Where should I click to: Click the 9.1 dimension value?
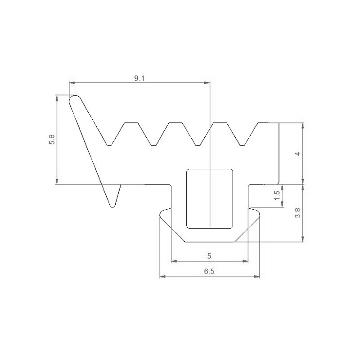[x=139, y=78]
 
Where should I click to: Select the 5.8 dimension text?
[x=52, y=139]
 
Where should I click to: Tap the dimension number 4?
[x=297, y=153]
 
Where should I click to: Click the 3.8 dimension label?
[x=297, y=213]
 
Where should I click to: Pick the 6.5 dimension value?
[x=210, y=272]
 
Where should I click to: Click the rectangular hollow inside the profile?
[x=210, y=198]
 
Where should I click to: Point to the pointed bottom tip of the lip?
[x=112, y=205]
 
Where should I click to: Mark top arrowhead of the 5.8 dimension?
[x=57, y=98]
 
